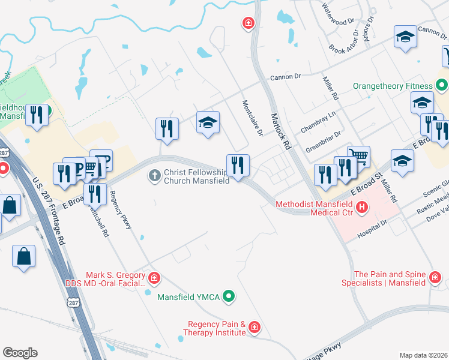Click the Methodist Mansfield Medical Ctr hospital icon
(x=362, y=208)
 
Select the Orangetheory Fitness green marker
(x=441, y=86)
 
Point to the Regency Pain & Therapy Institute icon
(x=255, y=327)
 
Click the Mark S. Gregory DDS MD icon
(x=154, y=278)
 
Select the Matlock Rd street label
(x=280, y=131)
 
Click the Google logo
(x=20, y=353)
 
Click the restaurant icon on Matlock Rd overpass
(x=238, y=164)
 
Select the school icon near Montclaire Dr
(x=208, y=122)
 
